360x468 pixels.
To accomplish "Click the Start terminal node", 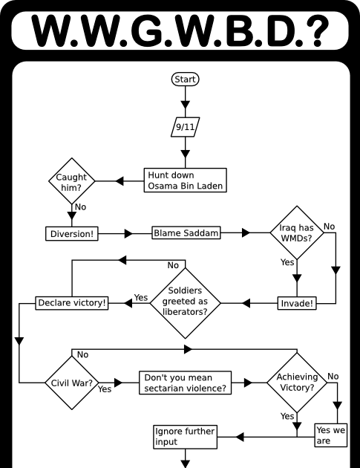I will click(x=186, y=79).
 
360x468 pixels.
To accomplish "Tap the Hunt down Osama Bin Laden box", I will click(x=184, y=181).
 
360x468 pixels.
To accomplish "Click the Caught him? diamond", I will click(x=72, y=181).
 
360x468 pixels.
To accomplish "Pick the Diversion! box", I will click(x=72, y=233).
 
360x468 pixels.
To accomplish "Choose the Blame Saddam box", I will click(x=186, y=233).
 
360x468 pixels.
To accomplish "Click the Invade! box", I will click(x=295, y=303).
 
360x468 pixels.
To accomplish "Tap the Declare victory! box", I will click(x=72, y=303).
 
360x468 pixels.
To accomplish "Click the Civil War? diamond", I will click(x=72, y=383).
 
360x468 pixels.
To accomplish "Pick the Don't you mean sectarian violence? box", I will click(x=186, y=383).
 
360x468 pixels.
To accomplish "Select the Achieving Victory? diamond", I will click(x=296, y=383).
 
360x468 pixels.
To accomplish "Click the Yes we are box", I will click(x=332, y=435).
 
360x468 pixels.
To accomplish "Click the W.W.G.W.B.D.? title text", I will click(x=180, y=29).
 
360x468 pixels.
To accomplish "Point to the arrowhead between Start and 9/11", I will click(x=186, y=103).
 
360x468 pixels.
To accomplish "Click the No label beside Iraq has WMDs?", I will click(x=330, y=226).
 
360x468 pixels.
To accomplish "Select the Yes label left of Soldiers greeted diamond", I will click(x=140, y=298).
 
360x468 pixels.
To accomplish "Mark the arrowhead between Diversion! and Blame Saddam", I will click(x=128, y=233).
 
